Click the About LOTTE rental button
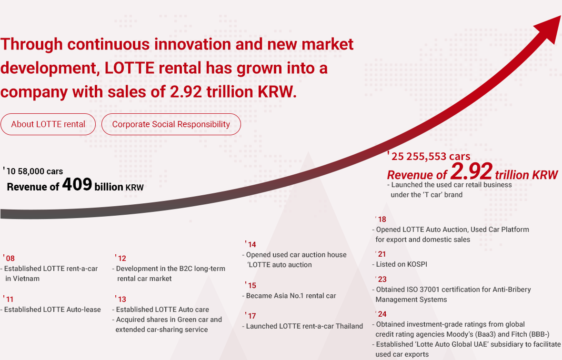pos(48,124)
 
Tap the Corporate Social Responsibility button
pos(171,124)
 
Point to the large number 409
pos(77,184)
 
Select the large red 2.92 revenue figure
pos(471,172)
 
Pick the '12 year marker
pos(121,259)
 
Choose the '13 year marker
pos(121,299)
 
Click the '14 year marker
pos(251,244)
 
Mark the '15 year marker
pos(251,285)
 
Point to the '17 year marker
pos(251,316)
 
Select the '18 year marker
pos(381,220)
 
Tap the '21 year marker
pos(381,254)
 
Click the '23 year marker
pos(381,279)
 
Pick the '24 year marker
pos(381,314)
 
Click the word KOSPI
pos(417,264)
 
